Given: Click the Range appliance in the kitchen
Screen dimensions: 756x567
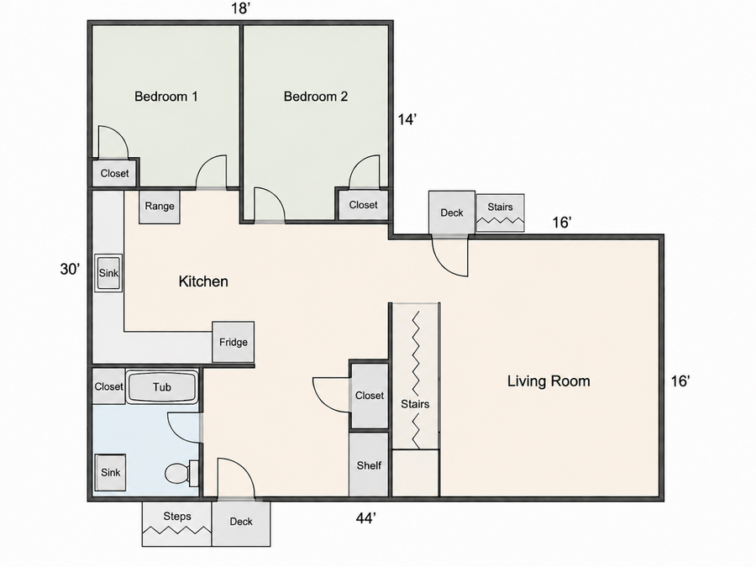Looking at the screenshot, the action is point(160,207).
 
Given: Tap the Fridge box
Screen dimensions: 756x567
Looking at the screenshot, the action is point(234,342).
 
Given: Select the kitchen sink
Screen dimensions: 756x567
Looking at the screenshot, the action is point(108,273).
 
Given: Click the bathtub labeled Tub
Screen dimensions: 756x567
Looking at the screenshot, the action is point(162,386).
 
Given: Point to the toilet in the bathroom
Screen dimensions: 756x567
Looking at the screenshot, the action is point(181,473).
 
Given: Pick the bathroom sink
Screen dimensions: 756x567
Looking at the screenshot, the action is point(110,472).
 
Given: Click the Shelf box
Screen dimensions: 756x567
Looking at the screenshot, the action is point(369,465).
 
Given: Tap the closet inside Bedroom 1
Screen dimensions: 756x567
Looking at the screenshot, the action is point(115,173).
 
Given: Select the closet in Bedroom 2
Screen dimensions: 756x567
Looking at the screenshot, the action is point(363,205).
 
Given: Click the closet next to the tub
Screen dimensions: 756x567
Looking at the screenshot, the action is point(108,386).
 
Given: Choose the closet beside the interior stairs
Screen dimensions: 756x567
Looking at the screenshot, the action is point(370,396).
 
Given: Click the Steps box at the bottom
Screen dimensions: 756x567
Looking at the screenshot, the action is point(177,524).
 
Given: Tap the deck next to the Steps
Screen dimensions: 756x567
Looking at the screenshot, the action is point(241,523).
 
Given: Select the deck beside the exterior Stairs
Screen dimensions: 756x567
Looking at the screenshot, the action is point(452,213).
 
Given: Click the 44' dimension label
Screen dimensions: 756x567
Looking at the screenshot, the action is point(366,518).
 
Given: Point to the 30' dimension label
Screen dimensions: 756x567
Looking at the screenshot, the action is point(70,269).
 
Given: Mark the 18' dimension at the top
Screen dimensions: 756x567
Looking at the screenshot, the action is point(240,8).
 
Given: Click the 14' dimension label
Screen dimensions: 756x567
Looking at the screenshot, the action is point(407,119).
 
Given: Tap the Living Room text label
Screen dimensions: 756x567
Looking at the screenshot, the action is point(549,381).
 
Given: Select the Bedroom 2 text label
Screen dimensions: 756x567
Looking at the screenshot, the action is point(316,97).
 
